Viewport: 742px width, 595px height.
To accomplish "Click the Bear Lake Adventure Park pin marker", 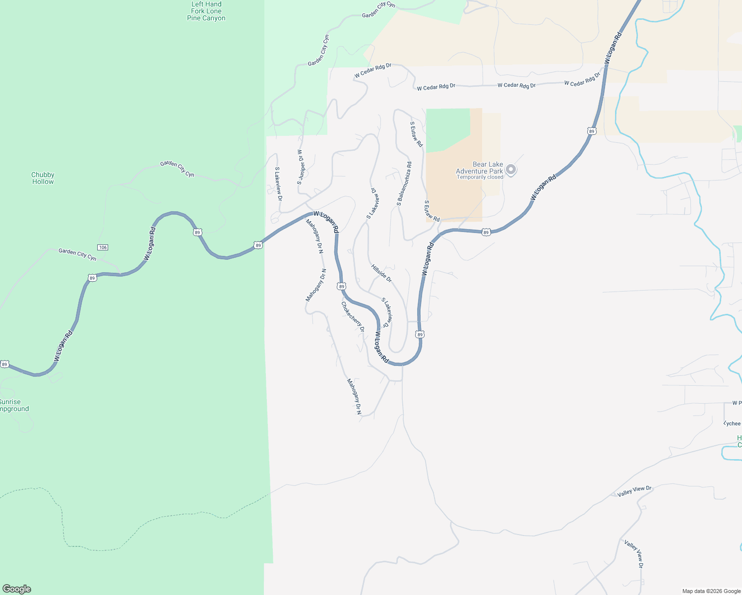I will (x=511, y=170).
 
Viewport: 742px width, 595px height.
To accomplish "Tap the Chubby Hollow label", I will (x=43, y=178).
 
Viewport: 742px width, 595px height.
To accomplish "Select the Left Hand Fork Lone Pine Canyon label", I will (x=206, y=11).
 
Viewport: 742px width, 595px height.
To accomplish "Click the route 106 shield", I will (x=103, y=247).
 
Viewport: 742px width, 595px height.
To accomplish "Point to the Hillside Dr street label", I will (x=381, y=273).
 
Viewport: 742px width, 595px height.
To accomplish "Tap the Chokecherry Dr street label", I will (x=353, y=316).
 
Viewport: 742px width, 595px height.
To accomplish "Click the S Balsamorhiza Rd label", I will (x=404, y=184).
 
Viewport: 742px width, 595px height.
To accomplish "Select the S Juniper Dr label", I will (x=300, y=167).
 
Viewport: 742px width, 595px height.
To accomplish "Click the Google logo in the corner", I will (x=17, y=589).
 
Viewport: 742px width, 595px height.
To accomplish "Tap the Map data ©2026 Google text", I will (x=711, y=591).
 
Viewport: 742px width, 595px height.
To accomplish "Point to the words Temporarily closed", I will (x=480, y=178).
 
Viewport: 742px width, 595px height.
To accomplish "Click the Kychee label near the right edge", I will (x=732, y=423).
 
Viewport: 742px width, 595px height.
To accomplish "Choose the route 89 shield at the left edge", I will (x=4, y=364).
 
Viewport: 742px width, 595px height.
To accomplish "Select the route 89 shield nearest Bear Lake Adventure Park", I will (x=486, y=232).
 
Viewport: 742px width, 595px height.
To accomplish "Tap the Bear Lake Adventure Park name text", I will (x=480, y=168).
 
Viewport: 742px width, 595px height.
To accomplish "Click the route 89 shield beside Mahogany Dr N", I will (x=341, y=286).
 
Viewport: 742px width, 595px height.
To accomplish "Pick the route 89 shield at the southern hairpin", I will (x=420, y=335).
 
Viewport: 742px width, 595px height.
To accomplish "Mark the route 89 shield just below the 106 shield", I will (x=92, y=278).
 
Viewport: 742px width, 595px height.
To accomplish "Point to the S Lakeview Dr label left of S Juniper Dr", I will (x=279, y=183).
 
